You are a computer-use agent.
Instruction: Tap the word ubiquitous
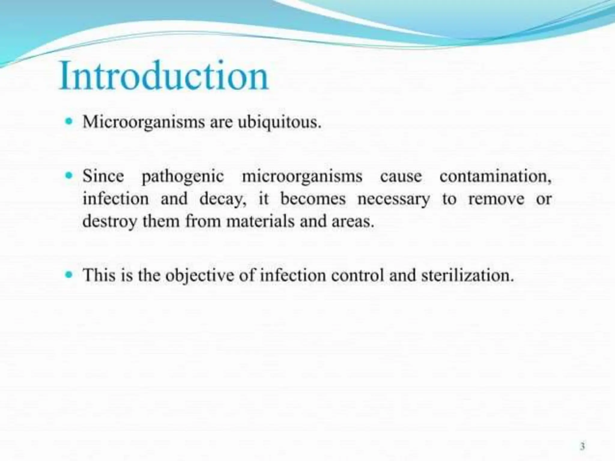(x=279, y=123)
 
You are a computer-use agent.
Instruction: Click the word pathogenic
(x=183, y=177)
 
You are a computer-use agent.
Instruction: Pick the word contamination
(x=495, y=176)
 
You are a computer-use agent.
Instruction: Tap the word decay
(x=223, y=199)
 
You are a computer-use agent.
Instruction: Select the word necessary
(x=394, y=199)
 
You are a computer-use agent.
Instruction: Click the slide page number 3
(x=582, y=447)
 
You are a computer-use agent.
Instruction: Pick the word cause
(x=401, y=176)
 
